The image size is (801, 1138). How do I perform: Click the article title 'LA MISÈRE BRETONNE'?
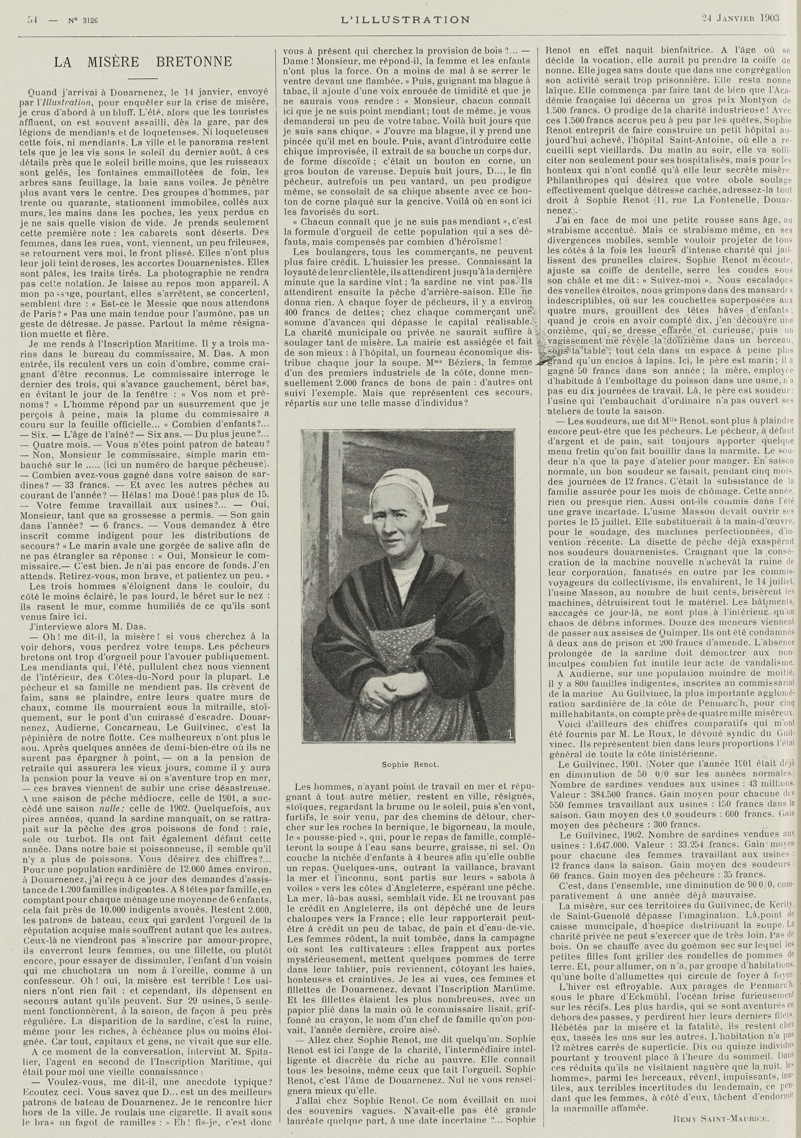click(x=143, y=62)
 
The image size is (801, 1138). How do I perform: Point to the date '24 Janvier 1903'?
click(x=740, y=18)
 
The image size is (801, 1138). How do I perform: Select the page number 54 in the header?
click(x=33, y=20)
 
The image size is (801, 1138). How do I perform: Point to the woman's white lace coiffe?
click(x=404, y=487)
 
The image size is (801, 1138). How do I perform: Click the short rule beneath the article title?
click(x=143, y=78)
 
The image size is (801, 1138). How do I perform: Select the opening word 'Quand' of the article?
click(x=42, y=92)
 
